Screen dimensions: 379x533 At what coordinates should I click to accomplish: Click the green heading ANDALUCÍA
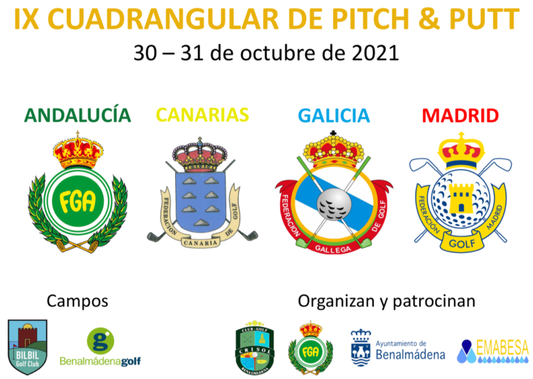tap(78, 114)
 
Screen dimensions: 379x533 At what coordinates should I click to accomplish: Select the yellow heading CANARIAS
tap(202, 114)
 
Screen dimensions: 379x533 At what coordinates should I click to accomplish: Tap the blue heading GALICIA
tap(334, 116)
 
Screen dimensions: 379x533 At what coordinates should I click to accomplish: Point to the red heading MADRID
tap(460, 115)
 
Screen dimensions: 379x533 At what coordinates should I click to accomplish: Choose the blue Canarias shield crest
tap(202, 191)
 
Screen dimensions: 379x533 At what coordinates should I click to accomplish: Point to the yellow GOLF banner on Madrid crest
tap(460, 244)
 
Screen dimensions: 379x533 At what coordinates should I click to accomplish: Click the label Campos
tap(78, 301)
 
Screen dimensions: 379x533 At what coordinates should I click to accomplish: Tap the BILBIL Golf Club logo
tap(27, 346)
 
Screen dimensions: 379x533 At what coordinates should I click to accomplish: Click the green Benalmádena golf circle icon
tap(100, 341)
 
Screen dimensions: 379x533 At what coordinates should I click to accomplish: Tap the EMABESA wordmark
tap(503, 348)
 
